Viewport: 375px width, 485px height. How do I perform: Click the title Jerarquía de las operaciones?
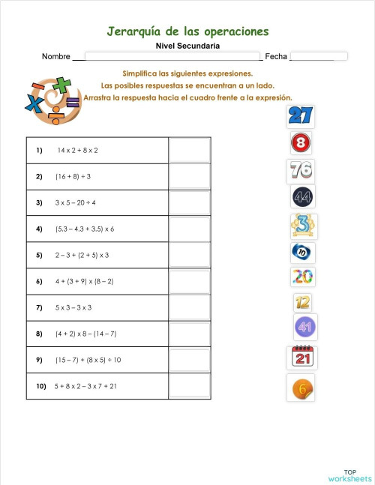[187, 31]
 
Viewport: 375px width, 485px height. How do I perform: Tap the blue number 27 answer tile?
[300, 115]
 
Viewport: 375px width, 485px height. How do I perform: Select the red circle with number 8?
[301, 142]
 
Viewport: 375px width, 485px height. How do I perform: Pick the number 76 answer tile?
[300, 170]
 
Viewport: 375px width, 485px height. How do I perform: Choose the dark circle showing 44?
[303, 197]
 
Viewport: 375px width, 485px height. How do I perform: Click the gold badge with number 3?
[303, 225]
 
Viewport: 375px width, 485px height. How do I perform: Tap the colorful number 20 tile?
[302, 277]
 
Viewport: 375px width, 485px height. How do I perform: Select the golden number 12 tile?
[303, 302]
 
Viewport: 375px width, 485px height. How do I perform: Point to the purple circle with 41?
[304, 327]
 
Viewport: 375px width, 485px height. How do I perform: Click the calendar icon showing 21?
[304, 357]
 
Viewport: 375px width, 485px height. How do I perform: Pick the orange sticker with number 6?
[300, 388]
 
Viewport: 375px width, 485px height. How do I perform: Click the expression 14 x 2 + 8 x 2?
[77, 150]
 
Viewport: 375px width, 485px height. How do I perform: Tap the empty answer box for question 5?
[189, 255]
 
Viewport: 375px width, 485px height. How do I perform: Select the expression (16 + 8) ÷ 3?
[73, 176]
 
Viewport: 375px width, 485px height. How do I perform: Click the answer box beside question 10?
[189, 386]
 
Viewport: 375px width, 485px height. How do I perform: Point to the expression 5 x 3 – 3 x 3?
[73, 307]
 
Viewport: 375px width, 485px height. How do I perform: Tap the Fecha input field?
[319, 56]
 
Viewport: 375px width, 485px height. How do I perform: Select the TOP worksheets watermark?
[349, 475]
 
